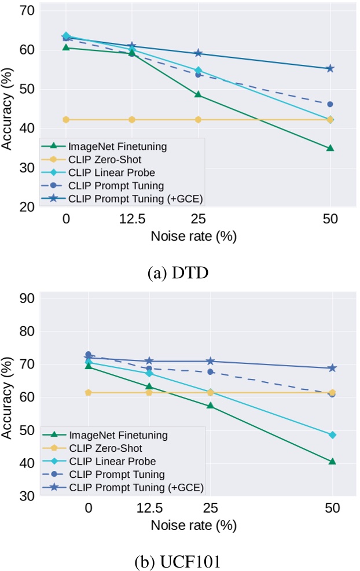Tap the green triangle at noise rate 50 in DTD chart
click(x=330, y=148)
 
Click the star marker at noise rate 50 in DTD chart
click(x=330, y=68)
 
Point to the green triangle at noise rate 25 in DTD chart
click(x=198, y=94)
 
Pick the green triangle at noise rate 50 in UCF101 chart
click(x=332, y=462)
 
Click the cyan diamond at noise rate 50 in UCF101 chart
click(x=332, y=434)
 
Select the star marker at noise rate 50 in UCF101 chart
click(x=332, y=368)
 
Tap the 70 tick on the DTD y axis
click(x=27, y=11)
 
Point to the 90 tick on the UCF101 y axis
click(x=27, y=298)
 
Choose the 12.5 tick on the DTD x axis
click(x=132, y=220)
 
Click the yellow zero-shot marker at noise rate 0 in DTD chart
click(x=66, y=119)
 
